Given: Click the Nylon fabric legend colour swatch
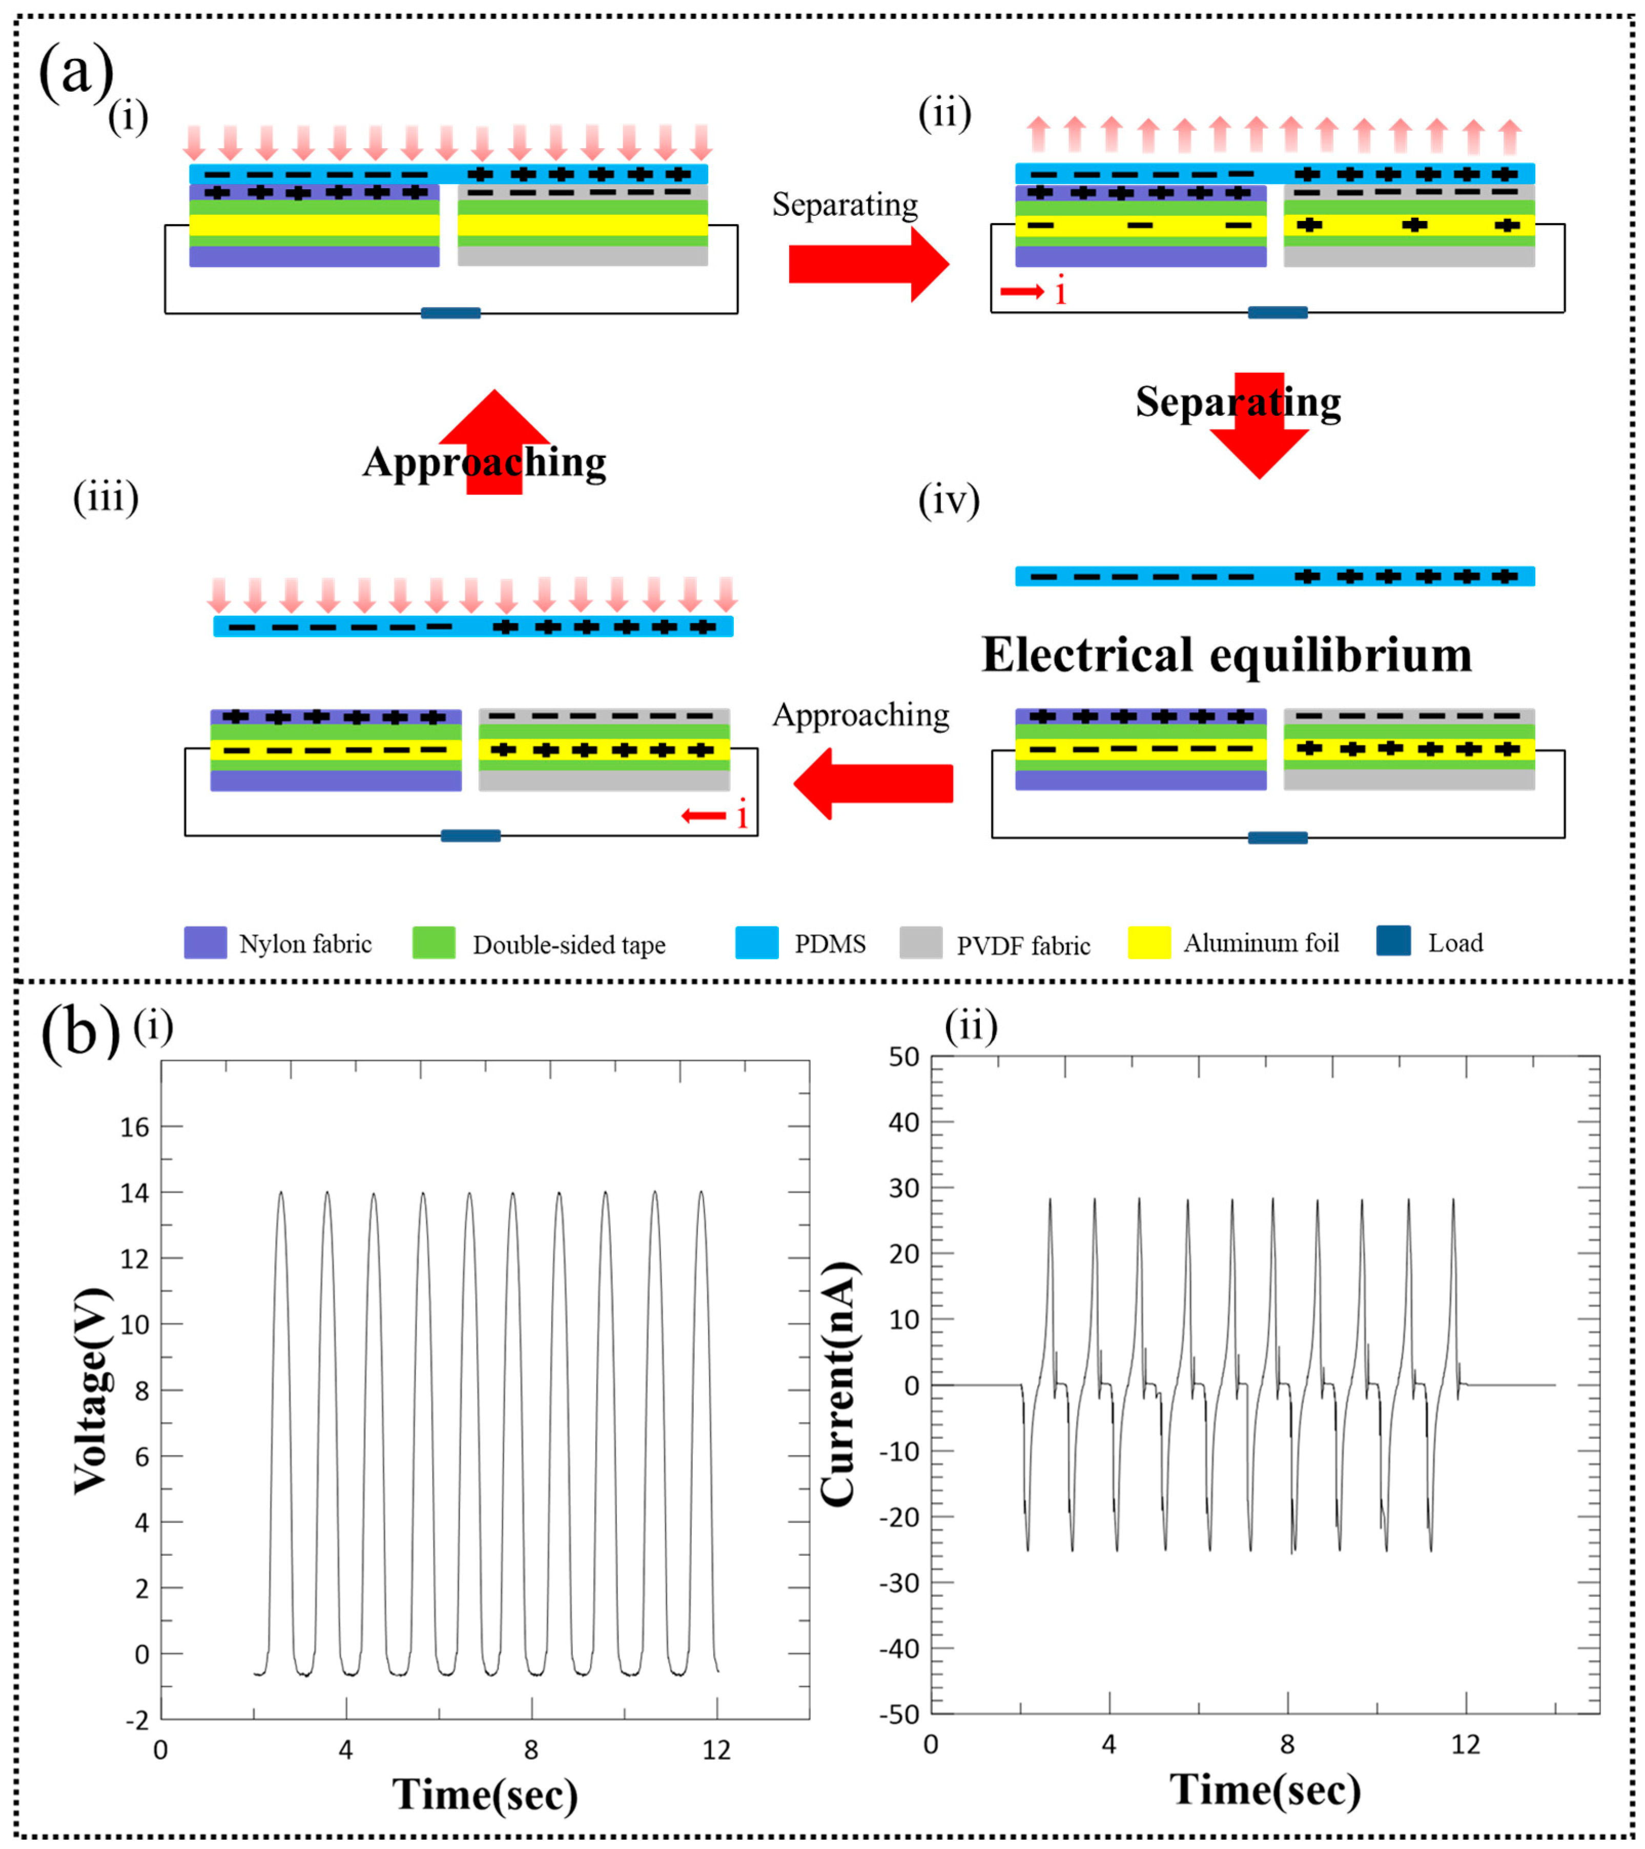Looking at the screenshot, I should click(x=205, y=943).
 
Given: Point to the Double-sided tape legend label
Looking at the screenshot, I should click(x=569, y=945).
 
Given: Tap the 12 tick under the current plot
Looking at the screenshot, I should click(x=1465, y=1745).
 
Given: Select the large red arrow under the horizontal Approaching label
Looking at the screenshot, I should click(x=874, y=783).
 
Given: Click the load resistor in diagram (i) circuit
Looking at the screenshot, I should click(x=450, y=313).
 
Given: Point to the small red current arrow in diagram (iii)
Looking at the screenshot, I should click(x=704, y=816).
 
